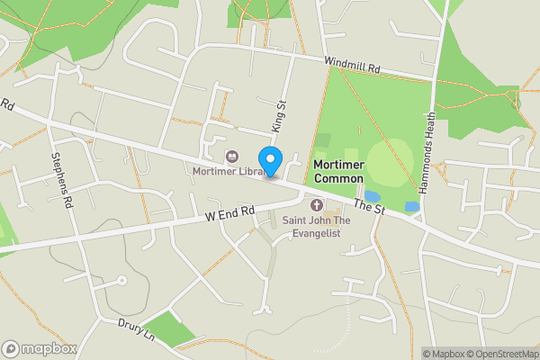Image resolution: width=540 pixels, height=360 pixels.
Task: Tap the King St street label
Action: (279, 116)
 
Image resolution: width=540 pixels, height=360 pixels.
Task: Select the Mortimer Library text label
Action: (226, 170)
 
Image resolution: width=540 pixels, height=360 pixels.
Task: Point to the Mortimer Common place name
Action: (338, 171)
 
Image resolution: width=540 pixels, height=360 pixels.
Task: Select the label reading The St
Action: (369, 207)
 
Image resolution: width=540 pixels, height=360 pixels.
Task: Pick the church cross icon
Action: (316, 205)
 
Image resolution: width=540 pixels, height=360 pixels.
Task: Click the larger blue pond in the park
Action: (373, 196)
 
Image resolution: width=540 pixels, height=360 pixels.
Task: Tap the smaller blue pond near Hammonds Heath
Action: (412, 206)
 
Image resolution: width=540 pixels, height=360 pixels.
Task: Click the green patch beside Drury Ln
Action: (168, 328)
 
